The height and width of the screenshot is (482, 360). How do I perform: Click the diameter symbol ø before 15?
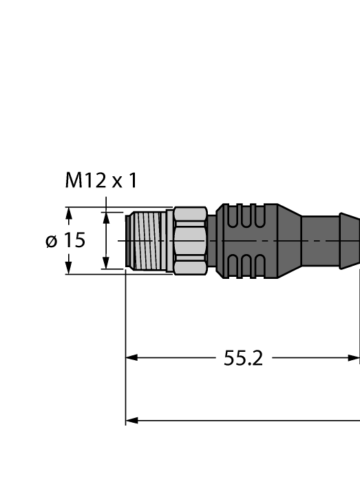tap(51, 240)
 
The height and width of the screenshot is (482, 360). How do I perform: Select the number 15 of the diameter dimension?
tap(74, 240)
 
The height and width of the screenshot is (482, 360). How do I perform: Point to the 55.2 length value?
tap(243, 358)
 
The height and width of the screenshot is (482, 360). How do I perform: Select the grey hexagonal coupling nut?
tap(190, 240)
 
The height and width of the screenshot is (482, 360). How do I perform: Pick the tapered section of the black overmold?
tap(289, 240)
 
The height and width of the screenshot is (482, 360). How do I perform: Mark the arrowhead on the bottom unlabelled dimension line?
tap(131, 419)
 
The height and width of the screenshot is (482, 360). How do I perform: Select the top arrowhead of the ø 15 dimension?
tap(68, 214)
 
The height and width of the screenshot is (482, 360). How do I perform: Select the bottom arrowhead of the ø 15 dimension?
tap(68, 267)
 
